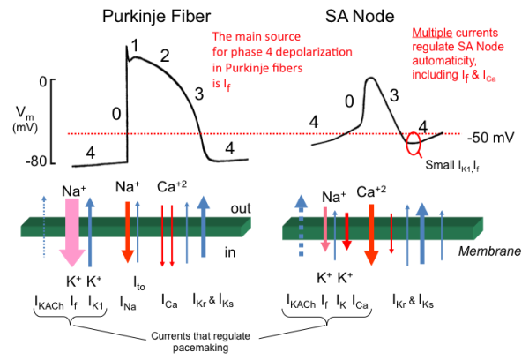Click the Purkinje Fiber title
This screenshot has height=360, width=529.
click(157, 17)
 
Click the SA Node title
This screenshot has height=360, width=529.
click(360, 16)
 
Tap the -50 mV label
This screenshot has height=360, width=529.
click(491, 138)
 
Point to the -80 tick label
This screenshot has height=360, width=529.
click(36, 161)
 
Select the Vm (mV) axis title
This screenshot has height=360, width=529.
click(25, 119)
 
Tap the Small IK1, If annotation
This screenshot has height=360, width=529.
click(452, 166)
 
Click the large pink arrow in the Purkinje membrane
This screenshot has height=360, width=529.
click(72, 233)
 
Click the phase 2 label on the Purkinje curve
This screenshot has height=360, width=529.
click(165, 56)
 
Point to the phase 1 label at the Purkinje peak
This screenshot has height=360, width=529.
click(135, 46)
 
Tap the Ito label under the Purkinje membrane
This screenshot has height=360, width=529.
click(139, 283)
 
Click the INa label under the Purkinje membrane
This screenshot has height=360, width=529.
click(128, 303)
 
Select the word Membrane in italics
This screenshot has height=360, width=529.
click(489, 251)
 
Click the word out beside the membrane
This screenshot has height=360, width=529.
click(241, 208)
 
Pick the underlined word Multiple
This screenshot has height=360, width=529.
click(432, 33)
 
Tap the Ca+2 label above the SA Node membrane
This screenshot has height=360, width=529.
click(371, 191)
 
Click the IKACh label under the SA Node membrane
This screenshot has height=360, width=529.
click(301, 301)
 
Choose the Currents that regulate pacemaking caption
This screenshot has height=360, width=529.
click(200, 341)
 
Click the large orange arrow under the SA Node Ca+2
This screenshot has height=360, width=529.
click(371, 235)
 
